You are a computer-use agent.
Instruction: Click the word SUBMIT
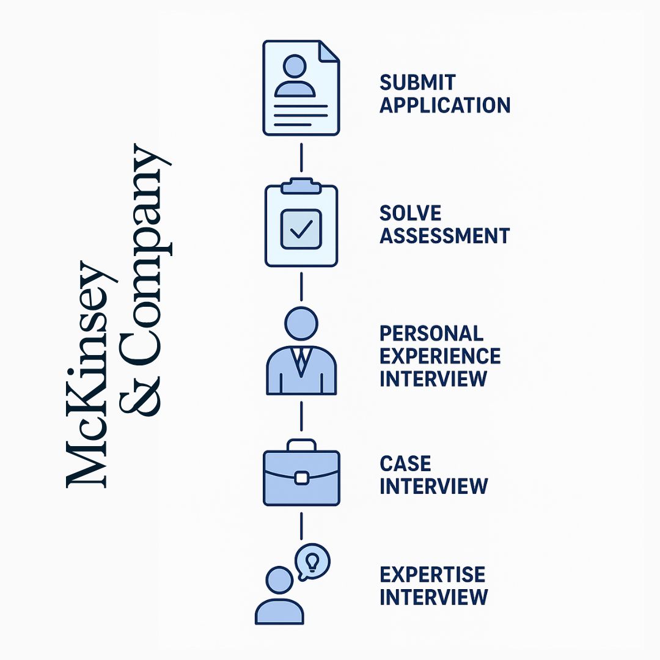pos(417,82)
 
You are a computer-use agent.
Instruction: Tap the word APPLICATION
pos(444,105)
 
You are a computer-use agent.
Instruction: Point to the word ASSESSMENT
pos(444,236)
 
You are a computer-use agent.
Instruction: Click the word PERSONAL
pos(431,334)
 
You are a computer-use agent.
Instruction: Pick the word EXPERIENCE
pos(440,356)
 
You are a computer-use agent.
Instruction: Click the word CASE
pos(405,464)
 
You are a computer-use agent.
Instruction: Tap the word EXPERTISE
pos(433,575)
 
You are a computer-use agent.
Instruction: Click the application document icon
pos(301,87)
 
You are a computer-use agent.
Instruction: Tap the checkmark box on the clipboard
pos(301,229)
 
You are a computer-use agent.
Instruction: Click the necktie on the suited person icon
pos(301,361)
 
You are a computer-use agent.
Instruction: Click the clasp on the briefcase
pos(301,478)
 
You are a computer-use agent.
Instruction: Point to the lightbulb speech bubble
pos(312,561)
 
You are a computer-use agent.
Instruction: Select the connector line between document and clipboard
pos(301,158)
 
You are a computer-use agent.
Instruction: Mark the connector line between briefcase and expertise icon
pos(301,525)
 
